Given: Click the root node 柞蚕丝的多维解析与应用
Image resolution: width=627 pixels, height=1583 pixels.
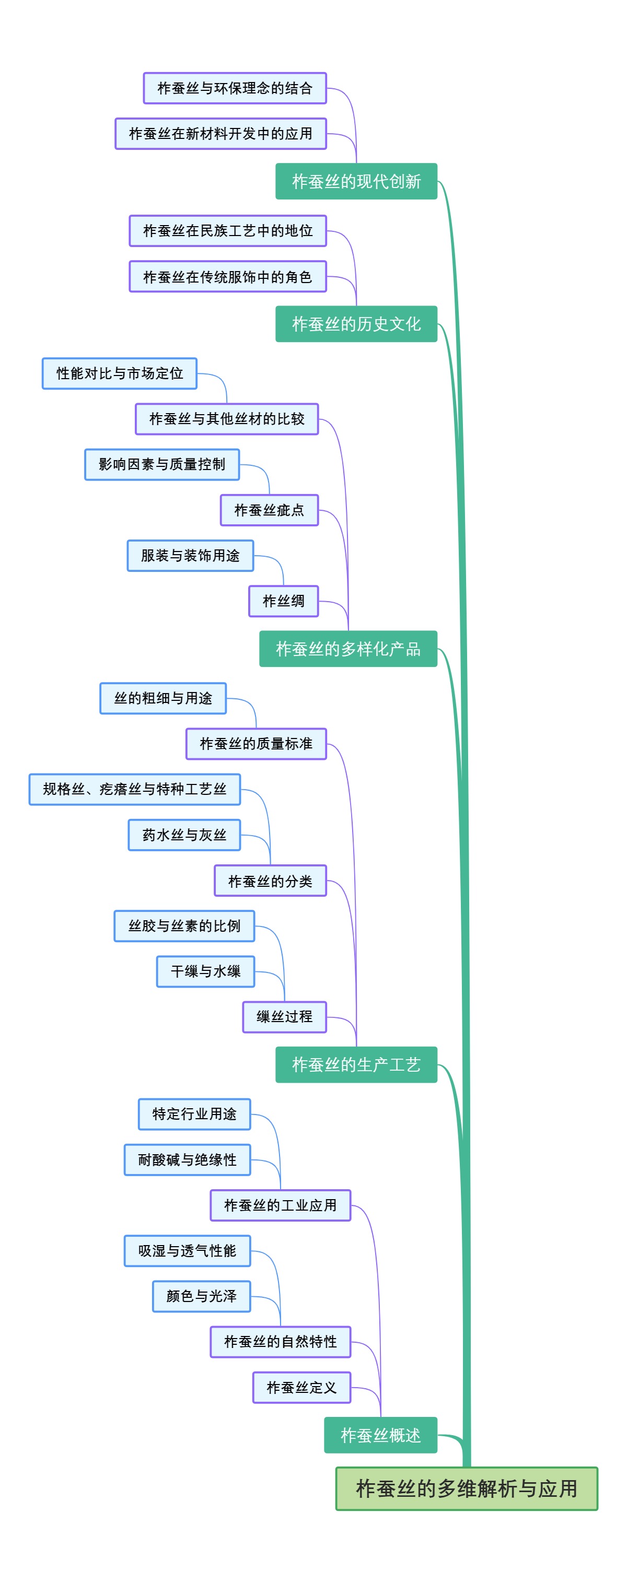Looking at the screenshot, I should (466, 1488).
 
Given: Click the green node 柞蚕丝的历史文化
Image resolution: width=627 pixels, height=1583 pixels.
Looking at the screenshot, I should (356, 324).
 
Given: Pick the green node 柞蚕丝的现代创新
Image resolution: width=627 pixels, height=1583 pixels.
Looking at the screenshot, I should (356, 181).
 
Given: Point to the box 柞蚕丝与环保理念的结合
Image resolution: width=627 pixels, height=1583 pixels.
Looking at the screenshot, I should (234, 88).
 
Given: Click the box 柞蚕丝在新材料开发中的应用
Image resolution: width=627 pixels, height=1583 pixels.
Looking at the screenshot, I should (220, 133).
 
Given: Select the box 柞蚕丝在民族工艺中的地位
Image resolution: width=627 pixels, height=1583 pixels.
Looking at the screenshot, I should (227, 230).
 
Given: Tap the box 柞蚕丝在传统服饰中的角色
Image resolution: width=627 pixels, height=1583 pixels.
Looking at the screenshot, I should (227, 276).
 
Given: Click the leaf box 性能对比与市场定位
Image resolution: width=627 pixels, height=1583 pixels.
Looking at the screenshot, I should (119, 373).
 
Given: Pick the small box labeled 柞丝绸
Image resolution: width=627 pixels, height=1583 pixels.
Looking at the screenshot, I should (283, 601).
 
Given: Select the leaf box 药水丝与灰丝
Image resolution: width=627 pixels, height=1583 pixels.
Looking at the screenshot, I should (184, 835).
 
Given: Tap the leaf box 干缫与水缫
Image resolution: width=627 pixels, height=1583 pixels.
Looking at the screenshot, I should (205, 971).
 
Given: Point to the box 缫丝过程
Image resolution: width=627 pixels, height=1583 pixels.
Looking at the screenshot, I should (284, 1016).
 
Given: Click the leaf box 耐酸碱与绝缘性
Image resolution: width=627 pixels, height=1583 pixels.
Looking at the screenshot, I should (187, 1159).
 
